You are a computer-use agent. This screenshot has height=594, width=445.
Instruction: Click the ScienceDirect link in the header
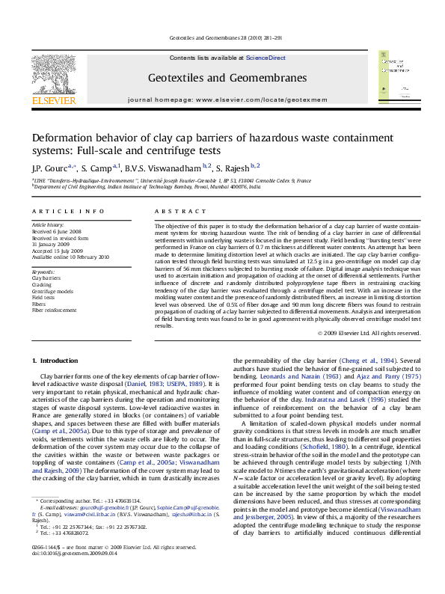click(x=266, y=58)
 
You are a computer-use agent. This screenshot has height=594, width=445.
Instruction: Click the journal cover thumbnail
click(x=397, y=77)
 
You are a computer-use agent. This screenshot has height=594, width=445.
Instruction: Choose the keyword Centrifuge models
click(x=53, y=291)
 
